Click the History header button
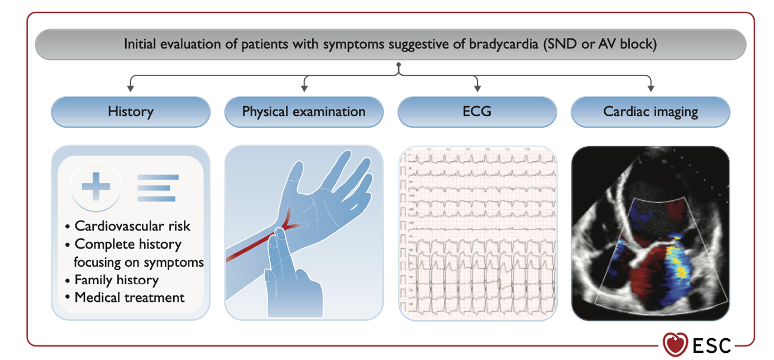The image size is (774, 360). click(131, 112)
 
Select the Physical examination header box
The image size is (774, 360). click(304, 112)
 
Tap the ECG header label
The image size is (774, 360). click(477, 112)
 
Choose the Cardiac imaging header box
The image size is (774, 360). click(651, 112)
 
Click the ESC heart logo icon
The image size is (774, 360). click(675, 344)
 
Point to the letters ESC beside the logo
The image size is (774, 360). click(712, 345)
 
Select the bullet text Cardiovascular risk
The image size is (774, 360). click(132, 226)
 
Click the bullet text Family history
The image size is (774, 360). click(116, 280)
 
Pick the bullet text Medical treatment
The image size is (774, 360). click(129, 297)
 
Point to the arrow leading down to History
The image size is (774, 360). click(131, 85)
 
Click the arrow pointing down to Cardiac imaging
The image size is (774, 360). click(651, 85)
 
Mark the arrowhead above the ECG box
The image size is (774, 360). click(477, 87)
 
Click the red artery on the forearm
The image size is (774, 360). click(251, 246)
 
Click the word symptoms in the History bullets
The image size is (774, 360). click(179, 262)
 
